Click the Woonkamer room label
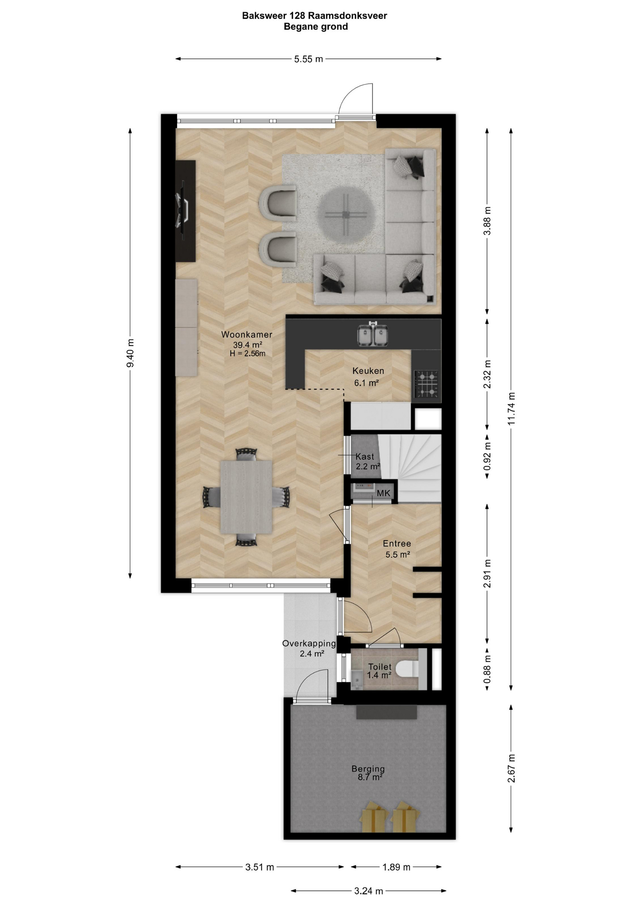247,335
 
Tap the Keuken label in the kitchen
368,371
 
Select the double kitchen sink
373,334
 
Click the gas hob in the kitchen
426,384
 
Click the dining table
246,497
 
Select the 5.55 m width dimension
309,59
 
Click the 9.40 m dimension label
131,353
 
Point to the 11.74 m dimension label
511,409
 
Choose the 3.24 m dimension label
369,891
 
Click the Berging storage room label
368,769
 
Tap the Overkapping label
309,643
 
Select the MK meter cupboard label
384,493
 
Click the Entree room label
397,544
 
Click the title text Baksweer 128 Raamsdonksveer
314,16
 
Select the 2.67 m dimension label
511,768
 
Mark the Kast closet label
365,456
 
